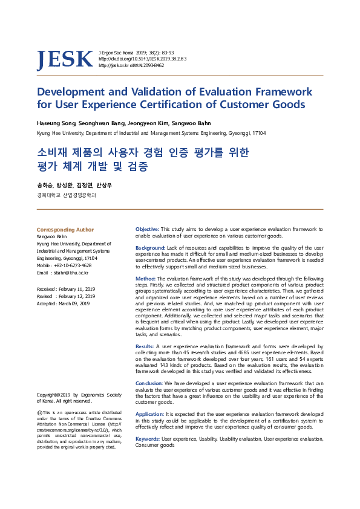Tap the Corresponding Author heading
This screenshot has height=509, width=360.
(x=65, y=230)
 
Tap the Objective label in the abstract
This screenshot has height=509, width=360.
(x=147, y=230)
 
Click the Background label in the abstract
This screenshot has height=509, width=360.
(x=150, y=248)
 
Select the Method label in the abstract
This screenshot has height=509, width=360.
(x=145, y=278)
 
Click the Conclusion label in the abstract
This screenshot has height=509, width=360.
(x=149, y=383)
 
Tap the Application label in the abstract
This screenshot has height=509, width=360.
(x=149, y=414)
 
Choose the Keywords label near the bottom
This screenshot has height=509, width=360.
(x=148, y=438)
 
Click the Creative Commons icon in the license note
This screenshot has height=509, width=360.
(x=40, y=412)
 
